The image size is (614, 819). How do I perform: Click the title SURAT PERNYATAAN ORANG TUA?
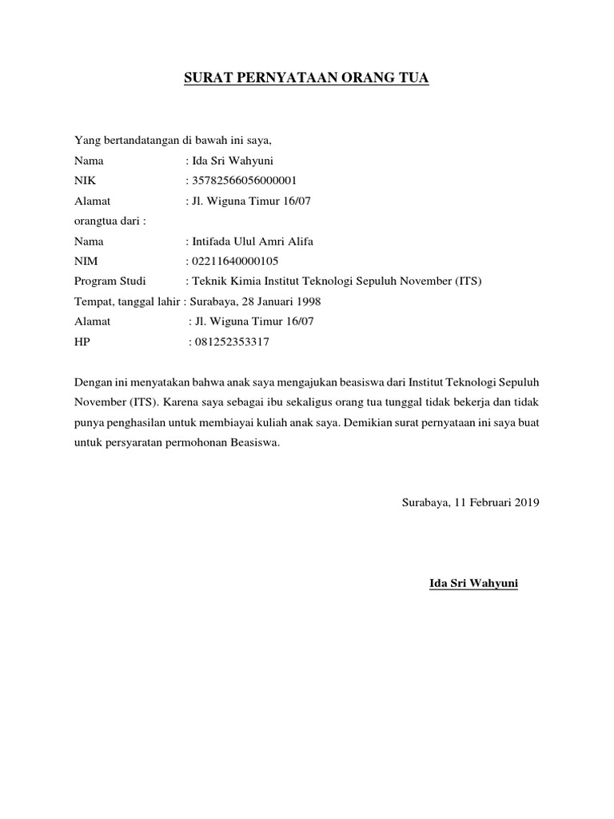307,78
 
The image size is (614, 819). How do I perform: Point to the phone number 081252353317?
231,342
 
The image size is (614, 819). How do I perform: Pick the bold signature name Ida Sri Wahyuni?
473,584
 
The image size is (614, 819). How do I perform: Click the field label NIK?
85,180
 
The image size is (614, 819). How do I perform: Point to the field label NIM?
86,261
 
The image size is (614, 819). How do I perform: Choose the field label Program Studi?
106,281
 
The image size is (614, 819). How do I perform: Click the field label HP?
82,342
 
